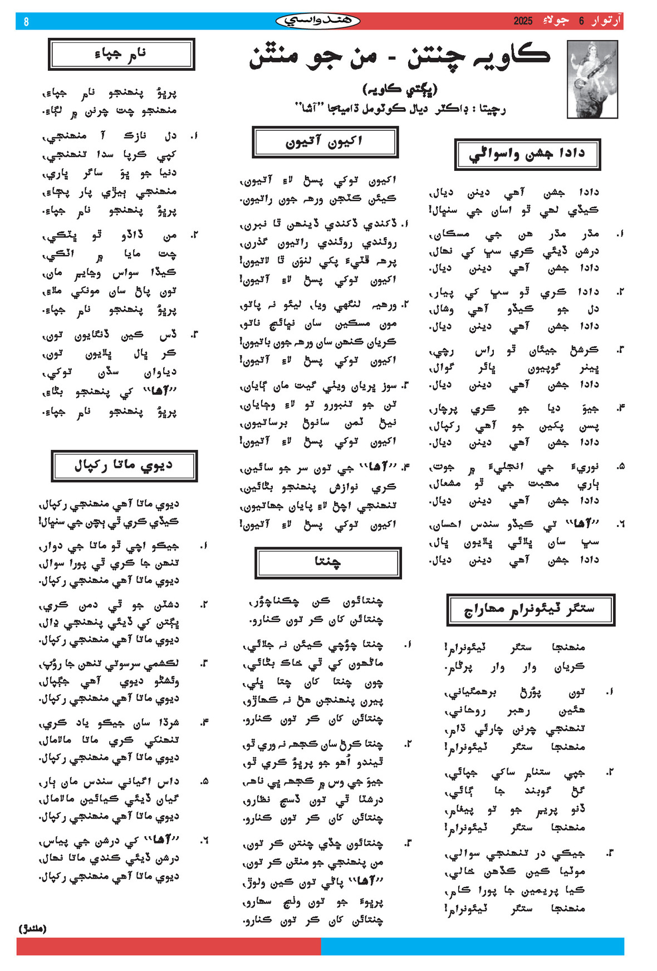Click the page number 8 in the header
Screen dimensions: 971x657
[x=26, y=22]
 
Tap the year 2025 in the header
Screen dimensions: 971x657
[x=523, y=21]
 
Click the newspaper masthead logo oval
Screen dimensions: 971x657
[x=317, y=21]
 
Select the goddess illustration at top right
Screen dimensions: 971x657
[x=592, y=79]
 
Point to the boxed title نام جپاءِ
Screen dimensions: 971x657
[x=121, y=54]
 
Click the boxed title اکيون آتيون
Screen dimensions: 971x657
[x=325, y=142]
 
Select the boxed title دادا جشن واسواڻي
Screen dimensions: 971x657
[x=527, y=154]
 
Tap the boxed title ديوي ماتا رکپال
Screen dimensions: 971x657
[x=124, y=465]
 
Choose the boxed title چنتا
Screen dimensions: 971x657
[x=328, y=563]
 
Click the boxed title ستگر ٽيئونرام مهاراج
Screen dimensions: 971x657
[x=530, y=610]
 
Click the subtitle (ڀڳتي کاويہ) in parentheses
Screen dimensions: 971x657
[x=400, y=89]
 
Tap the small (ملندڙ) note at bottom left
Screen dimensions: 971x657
[x=33, y=928]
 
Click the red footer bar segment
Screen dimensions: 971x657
[x=169, y=946]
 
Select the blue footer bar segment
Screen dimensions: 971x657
[x=472, y=946]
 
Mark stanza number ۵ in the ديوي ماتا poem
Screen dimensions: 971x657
[x=204, y=781]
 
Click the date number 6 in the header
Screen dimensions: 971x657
[x=581, y=21]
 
